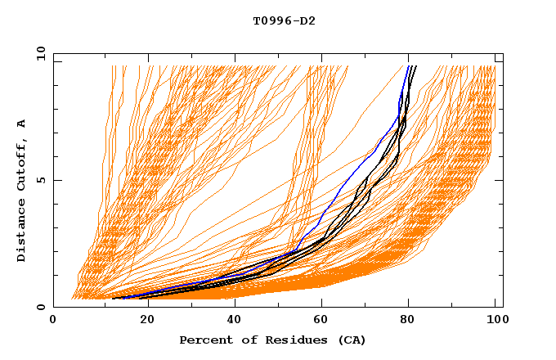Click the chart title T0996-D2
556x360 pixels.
pos(284,20)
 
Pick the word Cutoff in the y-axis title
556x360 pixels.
pos(21,166)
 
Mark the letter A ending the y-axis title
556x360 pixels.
pos(21,123)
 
